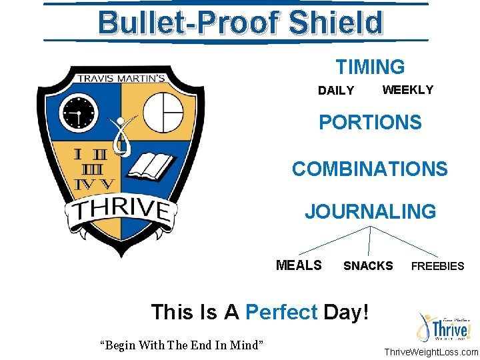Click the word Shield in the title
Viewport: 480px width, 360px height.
(337, 23)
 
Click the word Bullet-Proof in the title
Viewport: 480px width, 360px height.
(190, 23)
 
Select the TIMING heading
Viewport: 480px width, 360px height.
(370, 67)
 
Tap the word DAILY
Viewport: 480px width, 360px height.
(336, 91)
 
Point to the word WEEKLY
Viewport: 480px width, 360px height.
(407, 90)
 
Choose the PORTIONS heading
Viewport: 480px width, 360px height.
(370, 123)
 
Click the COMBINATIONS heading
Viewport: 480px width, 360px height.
(370, 169)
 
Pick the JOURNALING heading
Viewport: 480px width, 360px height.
(370, 212)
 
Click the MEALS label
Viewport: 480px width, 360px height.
(299, 265)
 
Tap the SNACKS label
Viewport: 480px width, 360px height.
(368, 266)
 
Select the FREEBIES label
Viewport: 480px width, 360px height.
(437, 266)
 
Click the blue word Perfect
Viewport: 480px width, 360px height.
(281, 312)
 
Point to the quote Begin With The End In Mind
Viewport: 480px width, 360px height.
(181, 345)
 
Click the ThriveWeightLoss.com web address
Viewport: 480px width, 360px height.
(431, 352)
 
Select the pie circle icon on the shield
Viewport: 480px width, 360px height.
(163, 111)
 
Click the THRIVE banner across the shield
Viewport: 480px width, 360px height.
(120, 211)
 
